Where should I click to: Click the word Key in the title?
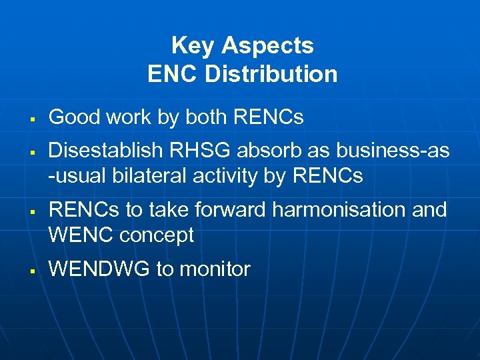(x=193, y=46)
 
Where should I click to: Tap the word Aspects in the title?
(x=267, y=46)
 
